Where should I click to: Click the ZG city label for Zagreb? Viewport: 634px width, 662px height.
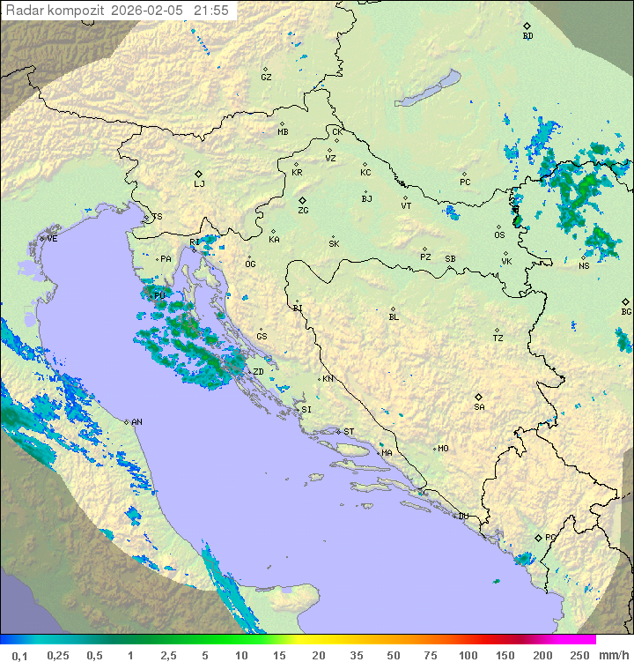point(303,212)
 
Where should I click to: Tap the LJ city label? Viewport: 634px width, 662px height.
point(199,184)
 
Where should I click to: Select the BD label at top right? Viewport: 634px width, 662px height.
point(527,36)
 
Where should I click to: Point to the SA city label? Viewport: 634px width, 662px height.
point(479,407)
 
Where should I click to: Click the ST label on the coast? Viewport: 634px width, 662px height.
point(349,432)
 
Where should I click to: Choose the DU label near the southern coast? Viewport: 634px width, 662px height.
point(462,517)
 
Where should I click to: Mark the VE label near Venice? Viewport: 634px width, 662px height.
point(52,239)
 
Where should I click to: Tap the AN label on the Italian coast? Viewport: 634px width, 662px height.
point(136,422)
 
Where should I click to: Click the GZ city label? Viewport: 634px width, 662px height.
point(266,78)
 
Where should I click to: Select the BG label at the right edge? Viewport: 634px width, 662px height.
point(626,312)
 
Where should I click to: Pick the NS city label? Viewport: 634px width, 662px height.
point(584,266)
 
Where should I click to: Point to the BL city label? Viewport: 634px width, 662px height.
point(394,317)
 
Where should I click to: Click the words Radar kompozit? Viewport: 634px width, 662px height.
point(55,11)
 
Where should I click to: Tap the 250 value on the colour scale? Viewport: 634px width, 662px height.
point(579,655)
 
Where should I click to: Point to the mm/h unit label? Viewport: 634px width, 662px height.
point(613,655)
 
